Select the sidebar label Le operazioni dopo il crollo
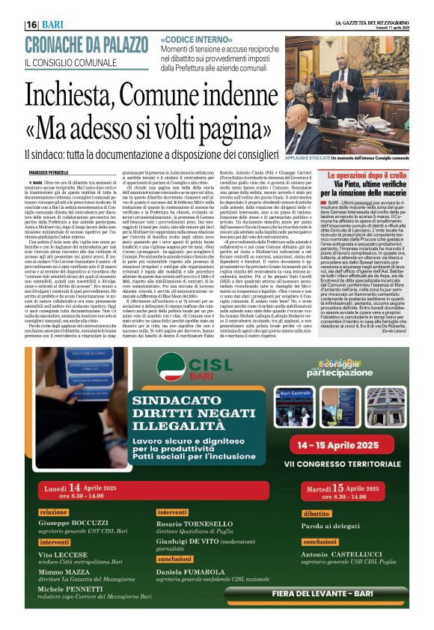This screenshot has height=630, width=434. tap(365, 175)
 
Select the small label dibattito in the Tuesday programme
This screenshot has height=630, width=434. tap(317, 513)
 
